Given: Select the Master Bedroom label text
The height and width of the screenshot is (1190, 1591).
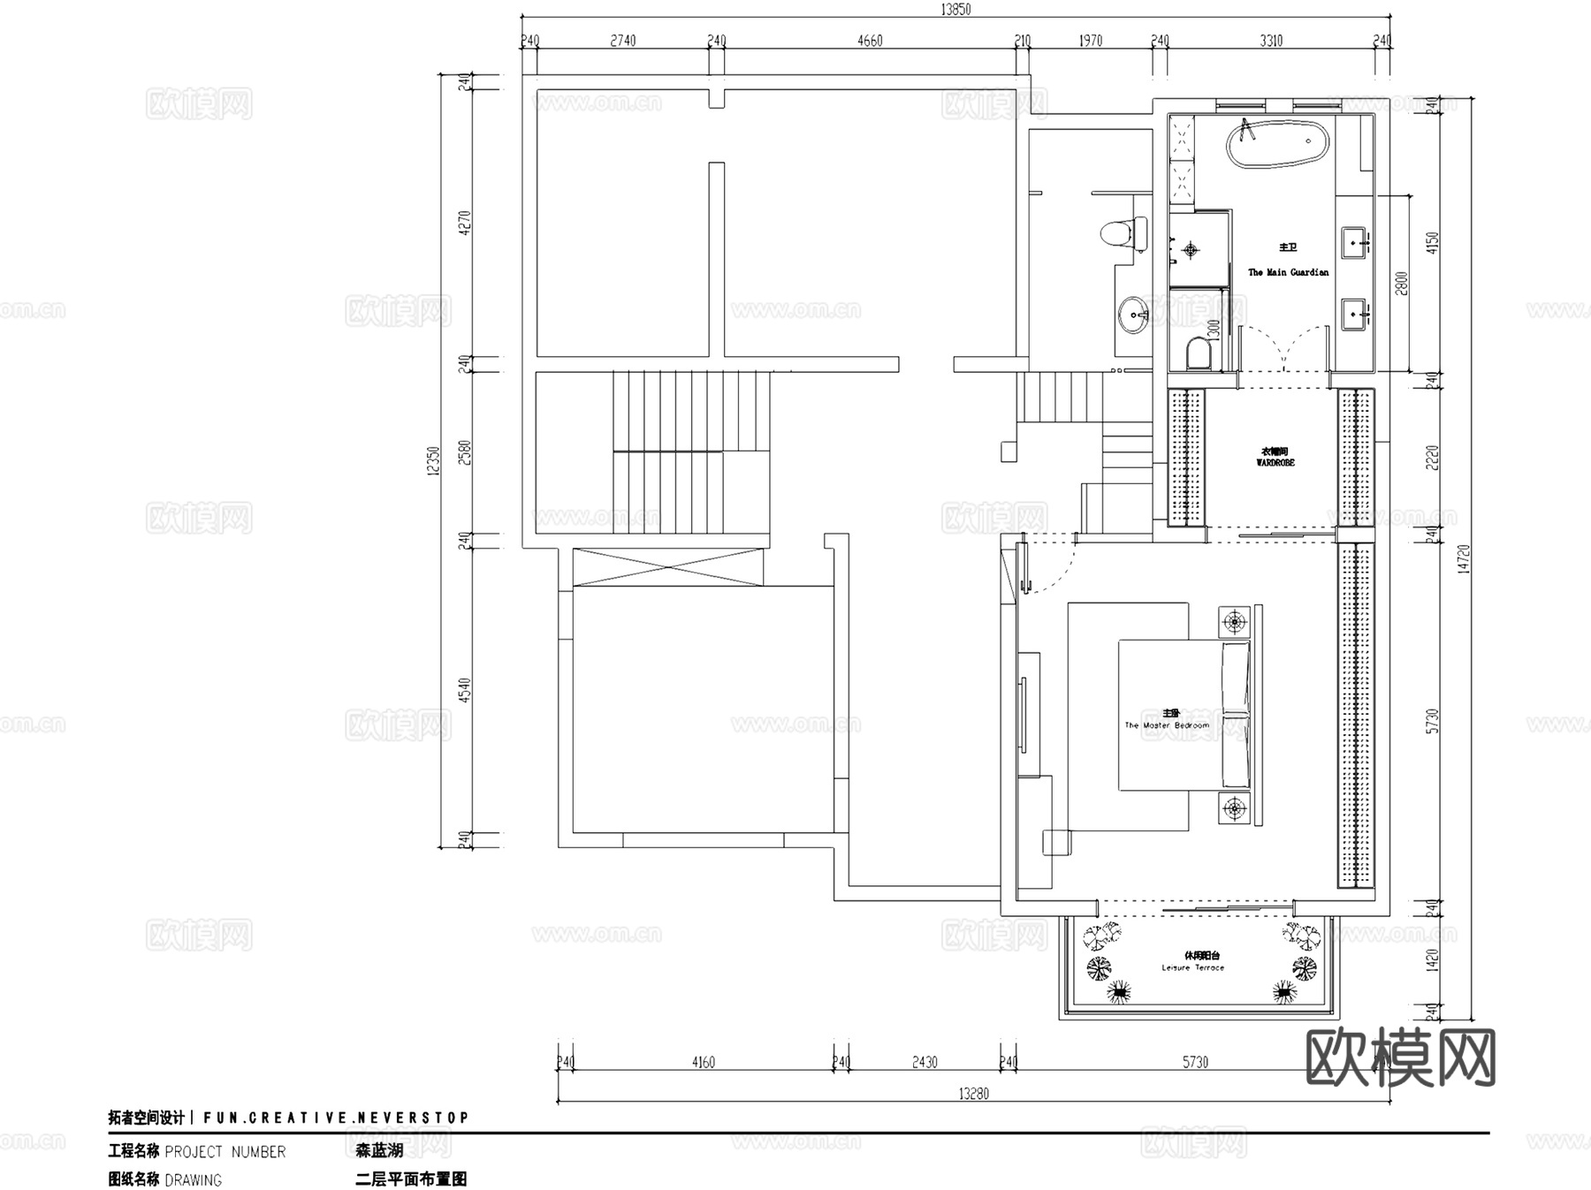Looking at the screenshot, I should click(1167, 725).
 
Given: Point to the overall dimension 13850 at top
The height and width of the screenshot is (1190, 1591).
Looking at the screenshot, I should click(955, 10).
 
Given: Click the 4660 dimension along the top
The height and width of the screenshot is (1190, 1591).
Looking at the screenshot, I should click(870, 41).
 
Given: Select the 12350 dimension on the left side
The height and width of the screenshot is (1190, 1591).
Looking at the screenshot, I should click(433, 460).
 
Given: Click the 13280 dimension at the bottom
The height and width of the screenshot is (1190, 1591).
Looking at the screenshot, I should click(973, 1094).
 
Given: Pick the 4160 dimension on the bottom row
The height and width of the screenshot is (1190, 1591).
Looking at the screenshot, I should click(704, 1063).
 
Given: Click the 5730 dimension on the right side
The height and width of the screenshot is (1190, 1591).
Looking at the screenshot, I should click(1433, 720).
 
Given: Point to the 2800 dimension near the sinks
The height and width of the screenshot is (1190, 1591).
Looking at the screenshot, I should click(1401, 284).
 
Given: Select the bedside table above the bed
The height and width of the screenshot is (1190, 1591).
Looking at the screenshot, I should click(1235, 621).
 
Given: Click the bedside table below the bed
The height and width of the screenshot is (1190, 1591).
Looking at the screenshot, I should click(1235, 807).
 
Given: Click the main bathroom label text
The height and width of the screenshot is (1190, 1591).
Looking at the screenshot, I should click(1288, 261).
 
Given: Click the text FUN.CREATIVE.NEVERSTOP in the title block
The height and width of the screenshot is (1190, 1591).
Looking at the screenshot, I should click(336, 1118).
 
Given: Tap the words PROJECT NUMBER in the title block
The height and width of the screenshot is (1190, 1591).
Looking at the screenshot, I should click(225, 1152).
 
